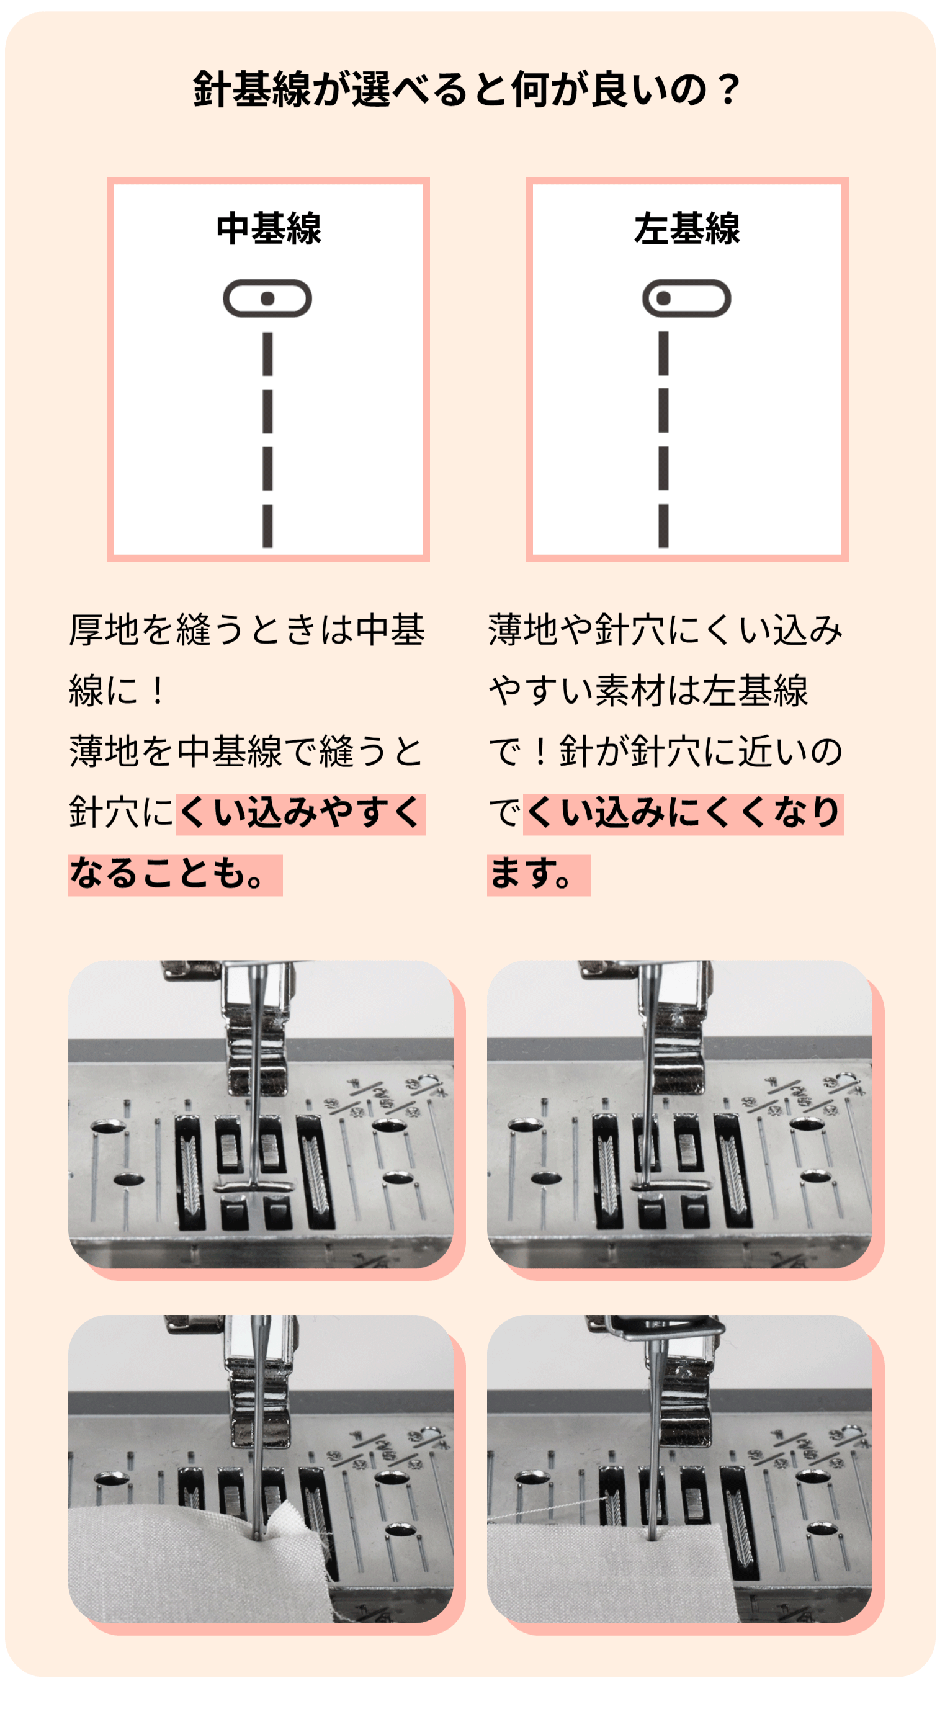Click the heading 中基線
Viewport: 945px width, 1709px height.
click(x=269, y=228)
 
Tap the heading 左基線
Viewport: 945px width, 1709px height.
click(x=687, y=228)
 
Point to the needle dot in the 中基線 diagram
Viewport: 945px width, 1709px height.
click(x=267, y=298)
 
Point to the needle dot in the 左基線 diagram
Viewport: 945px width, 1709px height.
click(x=663, y=298)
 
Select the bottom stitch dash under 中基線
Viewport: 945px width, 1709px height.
click(x=267, y=526)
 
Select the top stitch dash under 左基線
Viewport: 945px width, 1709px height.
click(x=663, y=354)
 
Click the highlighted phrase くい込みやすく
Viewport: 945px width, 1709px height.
click(x=300, y=814)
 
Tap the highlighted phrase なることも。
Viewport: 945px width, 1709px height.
click(x=176, y=874)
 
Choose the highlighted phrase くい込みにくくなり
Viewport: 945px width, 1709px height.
click(x=683, y=814)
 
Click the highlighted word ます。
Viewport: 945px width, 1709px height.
click(x=539, y=874)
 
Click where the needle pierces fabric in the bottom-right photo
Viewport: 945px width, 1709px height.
click(x=653, y=1538)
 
